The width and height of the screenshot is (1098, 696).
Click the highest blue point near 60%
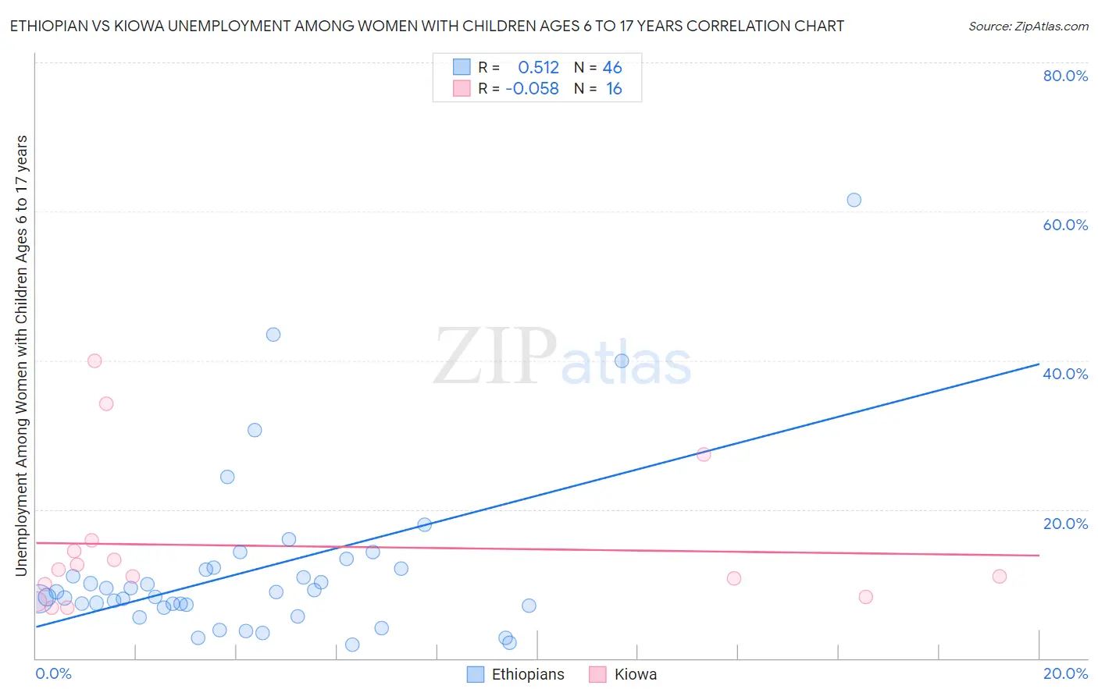tap(854, 200)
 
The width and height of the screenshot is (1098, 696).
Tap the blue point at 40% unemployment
tap(622, 360)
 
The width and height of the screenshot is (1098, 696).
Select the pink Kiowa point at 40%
tap(94, 360)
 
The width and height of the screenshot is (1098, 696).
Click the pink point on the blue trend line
tap(704, 454)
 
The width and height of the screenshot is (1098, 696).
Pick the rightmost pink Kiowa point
tap(1000, 577)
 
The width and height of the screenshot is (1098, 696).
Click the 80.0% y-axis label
tap(1065, 76)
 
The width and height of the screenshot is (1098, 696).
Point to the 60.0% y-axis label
tap(1065, 225)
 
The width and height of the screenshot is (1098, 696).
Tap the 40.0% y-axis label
tap(1065, 374)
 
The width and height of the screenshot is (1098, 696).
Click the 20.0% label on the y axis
tap(1065, 524)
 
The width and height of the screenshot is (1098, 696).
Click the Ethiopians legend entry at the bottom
tap(516, 675)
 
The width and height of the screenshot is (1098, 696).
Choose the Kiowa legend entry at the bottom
tap(623, 675)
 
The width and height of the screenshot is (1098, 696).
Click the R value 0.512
tap(538, 68)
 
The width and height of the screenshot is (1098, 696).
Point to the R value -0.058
tap(532, 89)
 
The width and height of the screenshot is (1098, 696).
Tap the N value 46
tap(612, 68)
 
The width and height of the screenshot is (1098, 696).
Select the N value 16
tap(614, 89)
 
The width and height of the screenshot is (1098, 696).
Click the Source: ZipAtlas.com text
tap(1028, 27)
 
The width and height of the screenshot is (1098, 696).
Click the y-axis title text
tap(21, 356)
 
